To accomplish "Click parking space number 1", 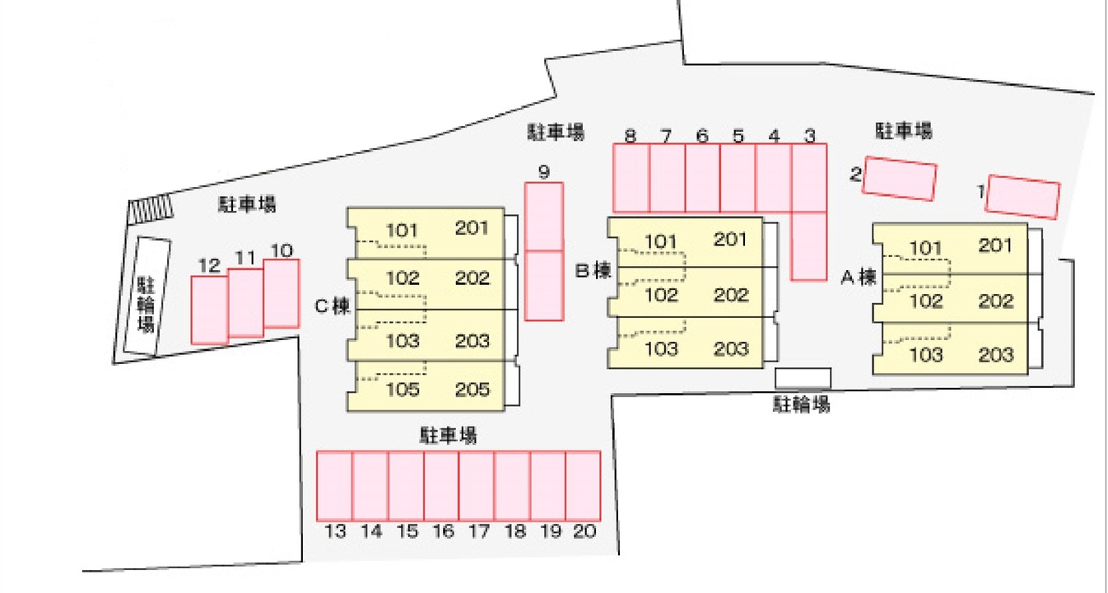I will tap(1023, 197).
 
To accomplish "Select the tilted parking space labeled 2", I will tap(900, 179).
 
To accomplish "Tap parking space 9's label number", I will tap(544, 172).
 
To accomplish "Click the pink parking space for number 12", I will tap(209, 309).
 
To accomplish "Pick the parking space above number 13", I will tap(335, 486).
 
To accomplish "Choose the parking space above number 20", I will tap(583, 486).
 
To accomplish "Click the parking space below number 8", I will tap(631, 178).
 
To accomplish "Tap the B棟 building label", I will tap(593, 270).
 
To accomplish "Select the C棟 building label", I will tap(333, 306).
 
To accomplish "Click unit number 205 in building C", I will tap(473, 389).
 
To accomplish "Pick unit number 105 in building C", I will tap(403, 389).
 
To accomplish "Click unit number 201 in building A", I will tap(996, 245).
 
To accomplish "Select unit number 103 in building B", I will tap(661, 348).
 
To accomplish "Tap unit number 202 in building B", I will tap(731, 295).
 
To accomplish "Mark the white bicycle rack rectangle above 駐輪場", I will tap(803, 378).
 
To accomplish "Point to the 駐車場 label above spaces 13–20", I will tap(449, 434).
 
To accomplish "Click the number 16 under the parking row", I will tap(443, 532).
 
